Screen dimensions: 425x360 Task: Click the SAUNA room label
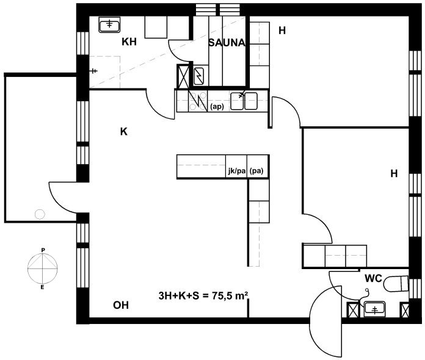[227, 43]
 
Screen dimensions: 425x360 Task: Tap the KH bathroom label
[129, 42]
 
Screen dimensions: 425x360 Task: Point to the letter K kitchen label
[123, 132]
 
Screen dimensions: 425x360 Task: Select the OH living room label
[121, 305]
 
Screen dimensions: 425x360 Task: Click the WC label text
[373, 278]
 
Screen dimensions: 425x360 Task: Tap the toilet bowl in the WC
[396, 284]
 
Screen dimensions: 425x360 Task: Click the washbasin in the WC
[374, 309]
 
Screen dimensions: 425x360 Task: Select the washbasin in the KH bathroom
[109, 25]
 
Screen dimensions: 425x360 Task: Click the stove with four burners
[198, 101]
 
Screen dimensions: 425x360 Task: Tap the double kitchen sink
[244, 101]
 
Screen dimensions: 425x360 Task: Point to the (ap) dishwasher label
[217, 107]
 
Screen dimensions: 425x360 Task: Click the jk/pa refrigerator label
[237, 171]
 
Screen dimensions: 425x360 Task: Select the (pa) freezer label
[256, 171]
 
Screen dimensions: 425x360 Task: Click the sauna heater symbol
[199, 76]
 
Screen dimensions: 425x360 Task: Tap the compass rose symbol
[43, 268]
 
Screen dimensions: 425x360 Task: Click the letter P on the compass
[43, 250]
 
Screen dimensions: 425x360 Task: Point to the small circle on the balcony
[40, 214]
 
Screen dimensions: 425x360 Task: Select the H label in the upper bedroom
[282, 31]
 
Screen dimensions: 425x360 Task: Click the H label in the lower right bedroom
[394, 173]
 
